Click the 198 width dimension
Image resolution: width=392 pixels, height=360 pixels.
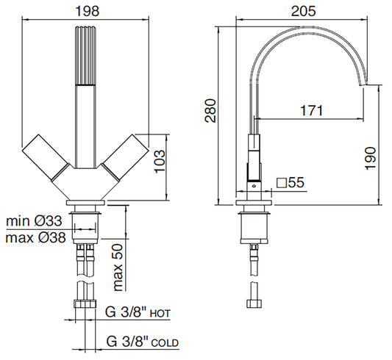tap(88, 11)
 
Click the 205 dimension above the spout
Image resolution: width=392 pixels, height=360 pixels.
tap(303, 11)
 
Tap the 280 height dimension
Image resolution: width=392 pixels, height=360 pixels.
tap(210, 111)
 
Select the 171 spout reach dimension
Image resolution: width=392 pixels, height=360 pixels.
tap(312, 110)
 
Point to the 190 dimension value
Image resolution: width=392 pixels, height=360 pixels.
tap(370, 158)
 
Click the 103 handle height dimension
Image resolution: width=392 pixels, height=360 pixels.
tap(160, 162)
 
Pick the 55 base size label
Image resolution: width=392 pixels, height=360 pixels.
tap(296, 182)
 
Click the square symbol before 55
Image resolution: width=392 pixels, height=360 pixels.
tap(281, 183)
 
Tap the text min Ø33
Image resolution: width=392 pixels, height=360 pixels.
tap(34, 221)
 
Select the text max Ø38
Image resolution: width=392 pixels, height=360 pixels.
tap(35, 237)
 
